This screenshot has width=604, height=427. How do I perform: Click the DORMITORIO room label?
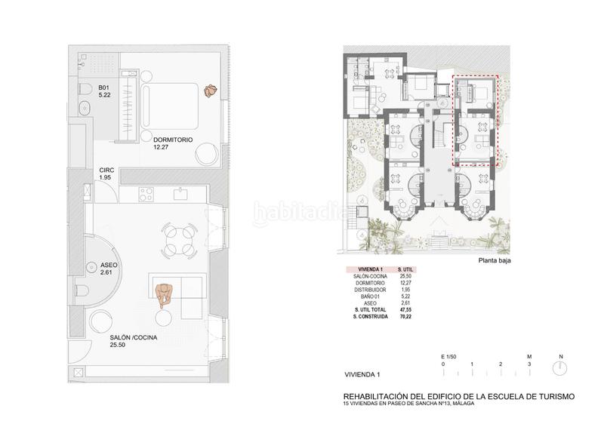coord(173,140)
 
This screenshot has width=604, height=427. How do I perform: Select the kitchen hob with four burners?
coord(146,195)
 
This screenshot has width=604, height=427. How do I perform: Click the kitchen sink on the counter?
coord(181,194)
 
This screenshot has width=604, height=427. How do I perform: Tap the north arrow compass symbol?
coord(559,369)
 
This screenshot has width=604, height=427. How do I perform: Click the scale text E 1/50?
coord(451,356)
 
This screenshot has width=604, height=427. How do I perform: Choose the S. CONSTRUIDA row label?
coord(370,317)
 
